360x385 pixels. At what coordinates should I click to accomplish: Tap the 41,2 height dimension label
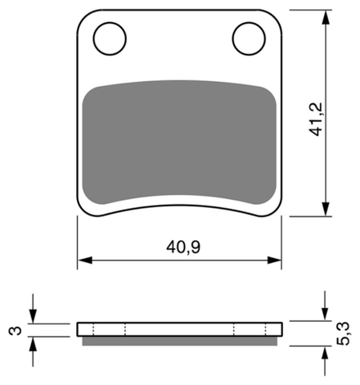pyautogui.click(x=316, y=120)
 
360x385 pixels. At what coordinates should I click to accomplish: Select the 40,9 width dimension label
pyautogui.click(x=183, y=247)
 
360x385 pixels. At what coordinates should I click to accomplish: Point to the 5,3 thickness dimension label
pyautogui.click(x=343, y=333)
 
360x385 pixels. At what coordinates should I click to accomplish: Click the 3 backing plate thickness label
pyautogui.click(x=16, y=331)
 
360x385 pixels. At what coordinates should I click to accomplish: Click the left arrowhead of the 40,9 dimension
pyautogui.click(x=85, y=260)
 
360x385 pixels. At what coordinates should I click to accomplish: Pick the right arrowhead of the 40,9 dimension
pyautogui.click(x=274, y=260)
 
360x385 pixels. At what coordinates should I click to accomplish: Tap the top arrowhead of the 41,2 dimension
pyautogui.click(x=326, y=17)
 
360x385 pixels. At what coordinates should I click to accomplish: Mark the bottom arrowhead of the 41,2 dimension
pyautogui.click(x=326, y=209)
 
